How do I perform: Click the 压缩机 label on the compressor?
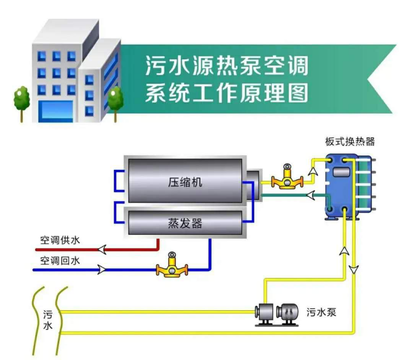click(185, 181)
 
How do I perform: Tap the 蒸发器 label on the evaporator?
click(185, 223)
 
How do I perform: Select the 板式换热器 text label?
click(350, 141)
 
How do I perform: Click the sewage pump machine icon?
click(276, 314)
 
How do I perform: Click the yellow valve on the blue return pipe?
click(172, 267)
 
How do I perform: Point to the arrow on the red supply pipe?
click(102, 249)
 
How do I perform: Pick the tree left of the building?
click(22, 100)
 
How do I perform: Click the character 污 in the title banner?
click(155, 66)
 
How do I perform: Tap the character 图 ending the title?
click(298, 93)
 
